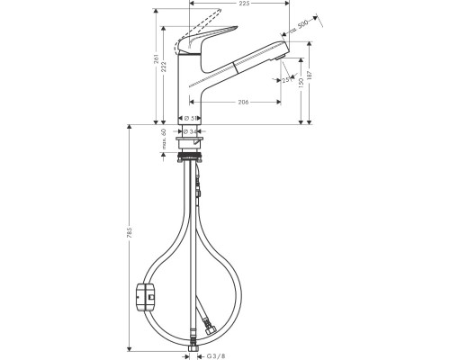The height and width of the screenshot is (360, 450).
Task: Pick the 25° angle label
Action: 286,80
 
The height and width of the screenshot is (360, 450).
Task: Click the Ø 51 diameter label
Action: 193,118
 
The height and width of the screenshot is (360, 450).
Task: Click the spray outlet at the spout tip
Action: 282,56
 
